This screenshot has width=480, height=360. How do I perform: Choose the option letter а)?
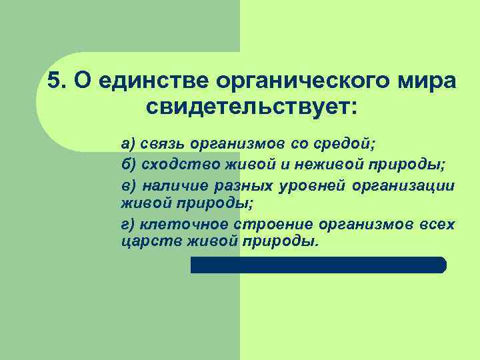tap(128, 143)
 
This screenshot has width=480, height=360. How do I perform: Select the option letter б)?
tap(128, 164)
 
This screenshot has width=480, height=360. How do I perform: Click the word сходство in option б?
tap(170, 164)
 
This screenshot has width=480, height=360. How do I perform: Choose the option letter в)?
tap(128, 185)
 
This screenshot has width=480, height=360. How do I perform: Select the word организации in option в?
tap(404, 185)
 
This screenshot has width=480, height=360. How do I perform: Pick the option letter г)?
tap(127, 225)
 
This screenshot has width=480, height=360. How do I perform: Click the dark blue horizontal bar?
tap(318, 265)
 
